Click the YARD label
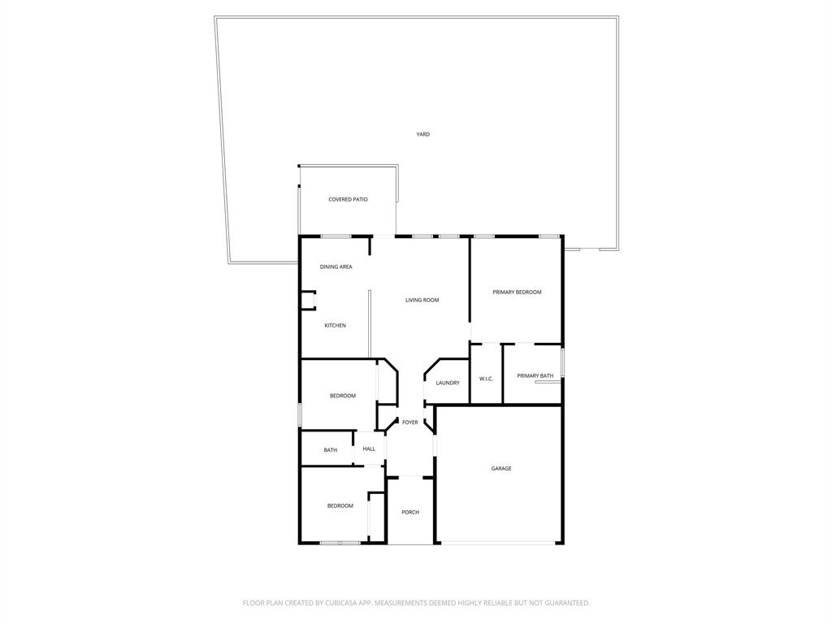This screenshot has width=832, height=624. (422, 134)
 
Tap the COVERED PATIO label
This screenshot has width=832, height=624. (348, 199)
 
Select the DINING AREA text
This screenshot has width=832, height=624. (336, 266)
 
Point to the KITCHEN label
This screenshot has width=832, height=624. (335, 325)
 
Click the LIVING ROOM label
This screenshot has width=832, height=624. (422, 300)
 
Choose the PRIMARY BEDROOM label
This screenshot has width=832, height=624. (517, 292)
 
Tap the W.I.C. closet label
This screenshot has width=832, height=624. (486, 379)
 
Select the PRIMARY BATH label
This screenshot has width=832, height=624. (535, 375)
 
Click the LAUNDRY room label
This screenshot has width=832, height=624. (448, 383)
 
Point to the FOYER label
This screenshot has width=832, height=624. (409, 422)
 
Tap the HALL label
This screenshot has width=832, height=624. (369, 448)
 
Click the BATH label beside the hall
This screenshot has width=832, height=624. (330, 450)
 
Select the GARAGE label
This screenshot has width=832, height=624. (501, 468)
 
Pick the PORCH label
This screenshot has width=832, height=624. (410, 512)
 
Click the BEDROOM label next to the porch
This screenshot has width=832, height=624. (340, 505)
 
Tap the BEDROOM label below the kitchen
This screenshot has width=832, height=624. (342, 396)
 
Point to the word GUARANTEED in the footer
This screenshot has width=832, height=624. (565, 603)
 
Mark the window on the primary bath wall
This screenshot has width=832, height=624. (562, 362)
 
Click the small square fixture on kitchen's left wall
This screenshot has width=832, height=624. (308, 300)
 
